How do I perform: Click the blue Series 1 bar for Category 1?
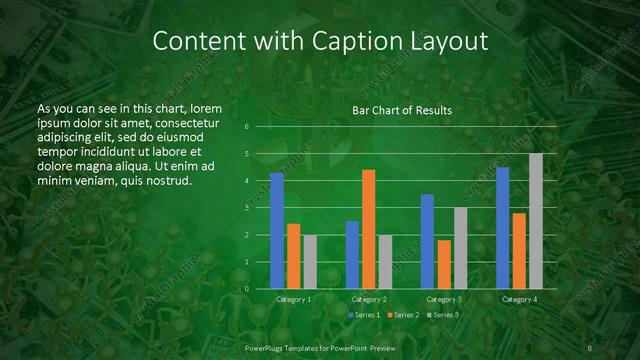(x=277, y=231)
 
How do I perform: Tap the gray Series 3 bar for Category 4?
(x=536, y=221)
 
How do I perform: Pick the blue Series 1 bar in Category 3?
(x=427, y=241)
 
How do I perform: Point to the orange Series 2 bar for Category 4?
(x=519, y=251)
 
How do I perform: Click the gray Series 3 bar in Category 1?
(x=310, y=262)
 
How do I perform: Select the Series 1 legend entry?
(x=364, y=315)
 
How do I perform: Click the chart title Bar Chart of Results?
(x=402, y=110)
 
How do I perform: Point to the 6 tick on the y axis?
(x=247, y=127)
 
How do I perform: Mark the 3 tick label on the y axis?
(x=247, y=208)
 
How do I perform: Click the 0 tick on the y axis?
(x=247, y=289)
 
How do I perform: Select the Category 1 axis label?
(x=294, y=299)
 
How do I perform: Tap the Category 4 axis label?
(x=519, y=299)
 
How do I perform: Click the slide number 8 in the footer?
(x=590, y=347)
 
